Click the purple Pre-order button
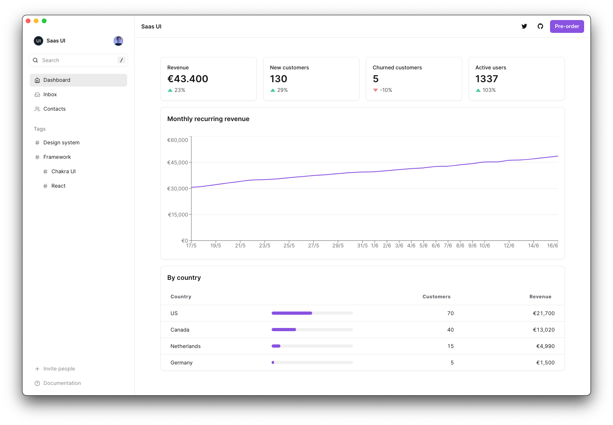click(566, 26)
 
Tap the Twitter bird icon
click(524, 26)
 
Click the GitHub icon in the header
click(540, 26)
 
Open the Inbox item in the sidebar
click(50, 95)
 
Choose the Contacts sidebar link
click(54, 109)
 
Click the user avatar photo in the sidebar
click(118, 41)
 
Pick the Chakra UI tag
click(63, 172)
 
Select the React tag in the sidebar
click(58, 186)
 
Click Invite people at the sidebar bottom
click(59, 369)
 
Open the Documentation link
click(62, 383)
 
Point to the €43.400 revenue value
click(188, 79)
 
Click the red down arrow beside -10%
click(376, 90)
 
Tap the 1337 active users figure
click(487, 79)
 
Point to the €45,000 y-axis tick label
click(177, 163)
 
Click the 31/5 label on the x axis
click(362, 246)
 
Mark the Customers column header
click(436, 297)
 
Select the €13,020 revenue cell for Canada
click(544, 330)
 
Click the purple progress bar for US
click(292, 313)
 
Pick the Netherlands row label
click(185, 346)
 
